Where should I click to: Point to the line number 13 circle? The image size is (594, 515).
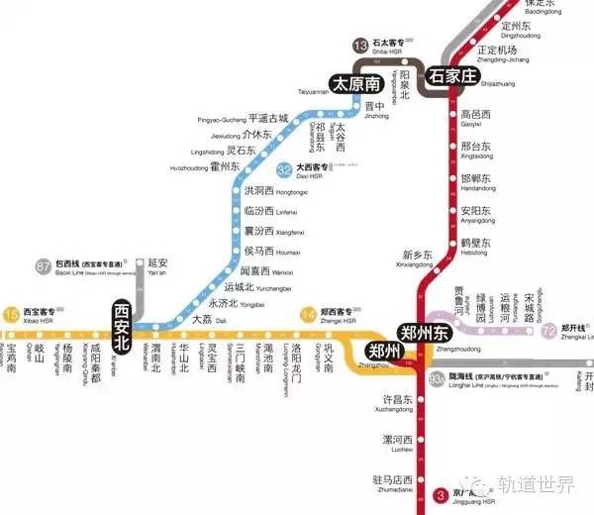pos(360,45)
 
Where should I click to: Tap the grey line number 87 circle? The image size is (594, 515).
pos(43,265)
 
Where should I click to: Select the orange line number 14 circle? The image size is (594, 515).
pos(307,315)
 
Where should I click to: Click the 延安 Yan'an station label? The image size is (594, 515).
pos(158,265)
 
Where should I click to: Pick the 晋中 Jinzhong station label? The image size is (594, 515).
pos(346,106)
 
